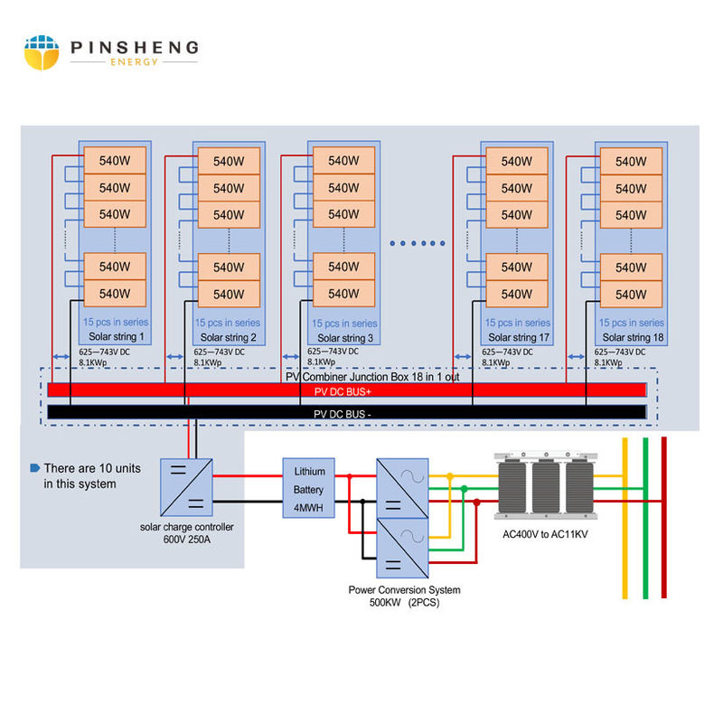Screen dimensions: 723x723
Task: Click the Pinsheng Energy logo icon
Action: (x=42, y=53)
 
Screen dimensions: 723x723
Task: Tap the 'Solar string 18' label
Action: (x=631, y=336)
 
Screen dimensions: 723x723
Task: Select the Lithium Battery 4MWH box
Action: (x=309, y=489)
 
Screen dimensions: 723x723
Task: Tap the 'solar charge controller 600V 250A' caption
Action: (x=187, y=533)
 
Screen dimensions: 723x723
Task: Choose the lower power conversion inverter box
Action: (x=401, y=548)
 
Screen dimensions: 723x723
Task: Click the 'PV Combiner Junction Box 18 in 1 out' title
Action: (x=372, y=377)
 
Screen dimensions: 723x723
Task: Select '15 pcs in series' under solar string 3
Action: (x=344, y=324)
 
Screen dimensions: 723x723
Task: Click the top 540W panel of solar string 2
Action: (x=229, y=162)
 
